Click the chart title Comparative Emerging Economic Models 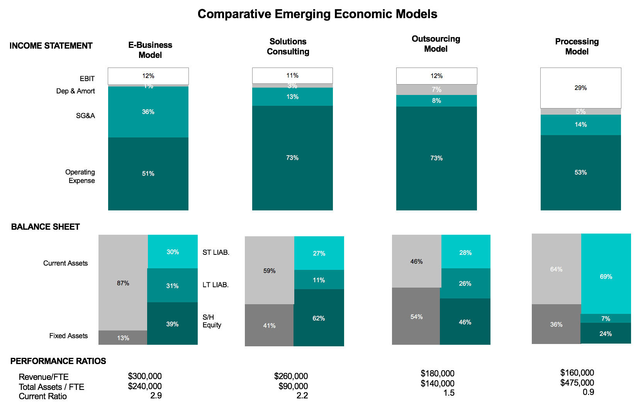tap(317, 14)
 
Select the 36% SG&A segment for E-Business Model tap(148, 112)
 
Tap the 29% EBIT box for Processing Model tap(581, 88)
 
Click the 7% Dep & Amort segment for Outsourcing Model tap(436, 90)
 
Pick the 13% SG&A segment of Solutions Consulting tap(292, 97)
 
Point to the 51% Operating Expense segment tap(148, 174)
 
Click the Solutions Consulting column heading tap(288, 46)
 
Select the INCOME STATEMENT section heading tap(51, 46)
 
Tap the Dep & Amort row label tap(75, 91)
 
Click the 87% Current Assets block tap(123, 283)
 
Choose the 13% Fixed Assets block tap(123, 338)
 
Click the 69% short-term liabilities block tap(606, 274)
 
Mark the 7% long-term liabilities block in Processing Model tap(606, 319)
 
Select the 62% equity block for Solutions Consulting tap(319, 318)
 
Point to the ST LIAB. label tap(216, 252)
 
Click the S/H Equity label tap(212, 321)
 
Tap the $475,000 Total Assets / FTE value tap(577, 383)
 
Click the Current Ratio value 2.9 tap(156, 395)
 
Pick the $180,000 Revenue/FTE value tap(438, 373)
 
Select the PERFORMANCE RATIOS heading tap(58, 361)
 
